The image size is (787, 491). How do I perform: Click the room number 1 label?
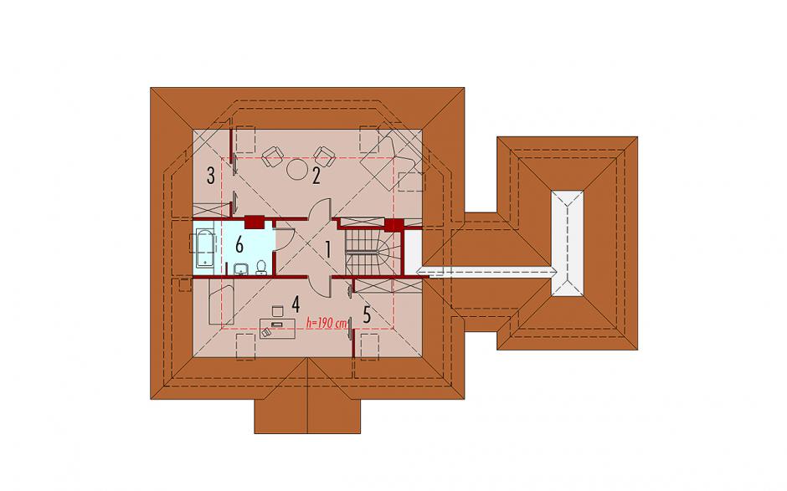328,249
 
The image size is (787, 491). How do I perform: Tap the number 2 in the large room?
316,176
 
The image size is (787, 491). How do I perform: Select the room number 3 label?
211,176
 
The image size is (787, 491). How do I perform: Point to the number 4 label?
295,304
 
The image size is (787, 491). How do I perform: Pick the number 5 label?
367,315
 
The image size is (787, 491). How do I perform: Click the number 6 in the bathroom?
239,246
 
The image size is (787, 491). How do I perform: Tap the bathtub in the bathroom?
204,248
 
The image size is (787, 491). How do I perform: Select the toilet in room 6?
261,268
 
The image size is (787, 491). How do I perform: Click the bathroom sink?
242,269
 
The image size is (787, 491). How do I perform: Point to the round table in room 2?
297,169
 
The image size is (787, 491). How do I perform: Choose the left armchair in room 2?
272,156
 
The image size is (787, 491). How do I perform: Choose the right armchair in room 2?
324,156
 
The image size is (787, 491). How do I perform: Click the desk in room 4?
278,327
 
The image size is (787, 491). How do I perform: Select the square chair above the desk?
277,311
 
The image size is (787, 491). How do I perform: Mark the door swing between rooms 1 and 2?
319,208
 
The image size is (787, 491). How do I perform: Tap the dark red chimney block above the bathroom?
255,222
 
